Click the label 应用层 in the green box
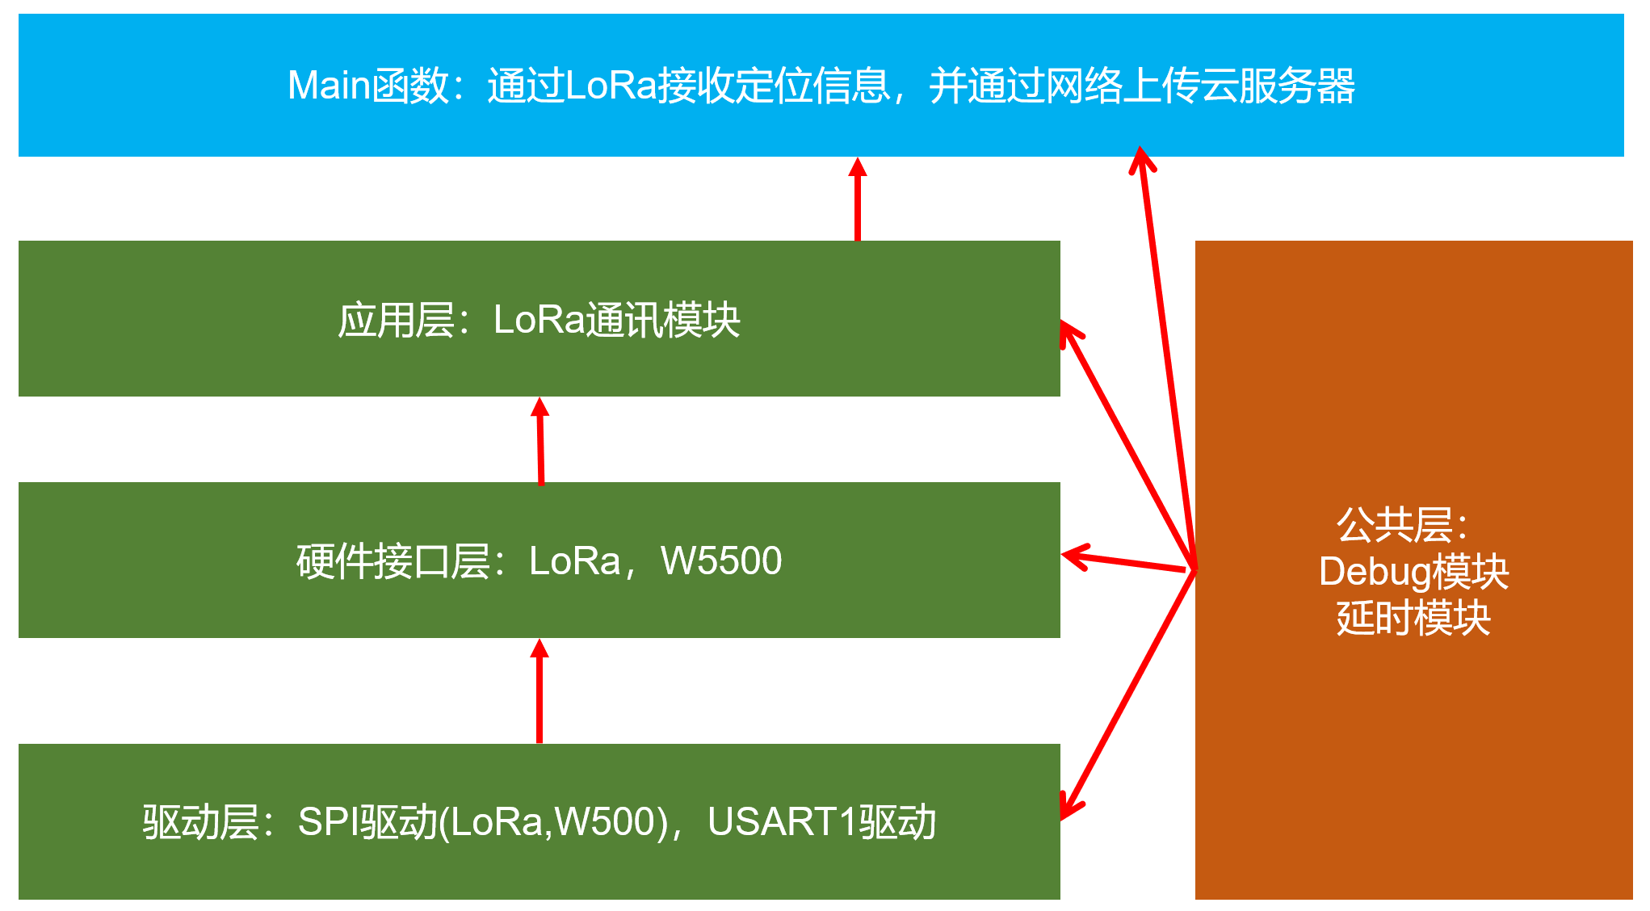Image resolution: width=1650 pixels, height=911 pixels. (396, 321)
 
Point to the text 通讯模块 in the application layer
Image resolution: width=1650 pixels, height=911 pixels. (662, 321)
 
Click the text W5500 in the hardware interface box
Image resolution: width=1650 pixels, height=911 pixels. (721, 561)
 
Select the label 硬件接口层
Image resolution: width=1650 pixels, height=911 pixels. (393, 561)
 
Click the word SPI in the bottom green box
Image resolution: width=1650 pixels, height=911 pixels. (328, 822)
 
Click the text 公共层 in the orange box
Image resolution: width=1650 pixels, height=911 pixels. (1396, 525)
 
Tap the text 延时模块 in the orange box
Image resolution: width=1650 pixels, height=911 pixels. (1413, 619)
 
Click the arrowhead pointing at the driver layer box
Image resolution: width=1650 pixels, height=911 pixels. (1069, 808)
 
